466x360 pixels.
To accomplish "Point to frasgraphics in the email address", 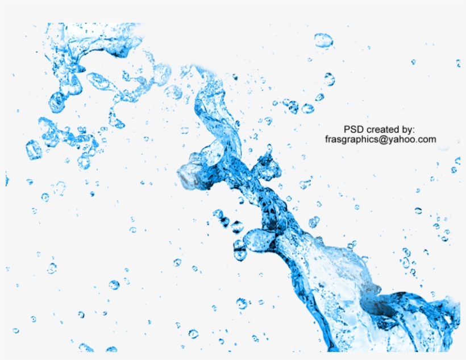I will click(352, 139).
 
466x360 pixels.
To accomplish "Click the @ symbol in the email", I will click(383, 139).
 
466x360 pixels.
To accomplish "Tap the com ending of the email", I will click(427, 139).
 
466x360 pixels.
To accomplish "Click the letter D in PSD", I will click(360, 130).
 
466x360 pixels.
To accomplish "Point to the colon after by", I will click(414, 130).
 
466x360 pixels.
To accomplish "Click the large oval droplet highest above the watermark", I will click(323, 40).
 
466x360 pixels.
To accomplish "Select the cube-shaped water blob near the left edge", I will click(34, 150).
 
